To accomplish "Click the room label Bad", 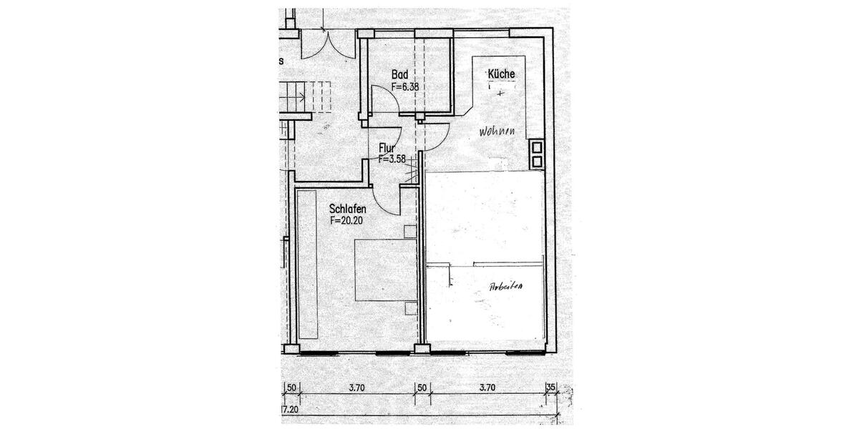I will coord(399,75).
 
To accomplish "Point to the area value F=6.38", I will coord(404,87).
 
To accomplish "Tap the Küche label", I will coord(501,74).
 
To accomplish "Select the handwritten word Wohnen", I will coord(499,132).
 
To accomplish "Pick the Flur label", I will coord(387,149).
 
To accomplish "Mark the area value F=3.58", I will coord(392,159).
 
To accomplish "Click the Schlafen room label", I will coord(348,209).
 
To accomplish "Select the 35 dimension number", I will coord(550,388).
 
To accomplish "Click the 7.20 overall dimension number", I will coord(290,409).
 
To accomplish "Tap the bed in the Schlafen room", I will coord(387,270).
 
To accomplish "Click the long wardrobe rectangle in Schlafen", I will coord(308,265).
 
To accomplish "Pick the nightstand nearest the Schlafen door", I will coord(409,231).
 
